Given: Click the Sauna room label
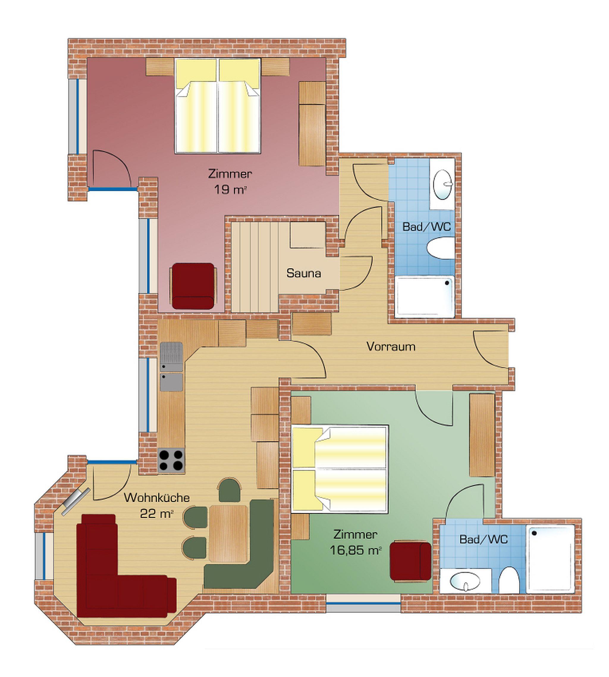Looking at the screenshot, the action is click(x=304, y=273).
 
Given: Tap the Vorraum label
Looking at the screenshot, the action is click(x=390, y=346).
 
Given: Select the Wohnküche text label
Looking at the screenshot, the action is click(x=157, y=498).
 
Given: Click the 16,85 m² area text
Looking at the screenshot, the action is click(x=355, y=551).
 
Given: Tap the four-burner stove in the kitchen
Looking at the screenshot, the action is click(x=171, y=460).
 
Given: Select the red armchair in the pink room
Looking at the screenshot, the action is click(x=193, y=286).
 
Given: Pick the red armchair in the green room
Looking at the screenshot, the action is click(x=411, y=561).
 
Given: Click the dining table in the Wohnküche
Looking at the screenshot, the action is click(x=229, y=533).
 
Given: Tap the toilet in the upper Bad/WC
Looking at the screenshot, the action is click(x=441, y=248).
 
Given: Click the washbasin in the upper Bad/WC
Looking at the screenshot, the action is click(x=443, y=184).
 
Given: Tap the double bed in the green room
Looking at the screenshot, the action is click(x=340, y=469).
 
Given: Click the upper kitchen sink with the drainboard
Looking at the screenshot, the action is click(x=171, y=356).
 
